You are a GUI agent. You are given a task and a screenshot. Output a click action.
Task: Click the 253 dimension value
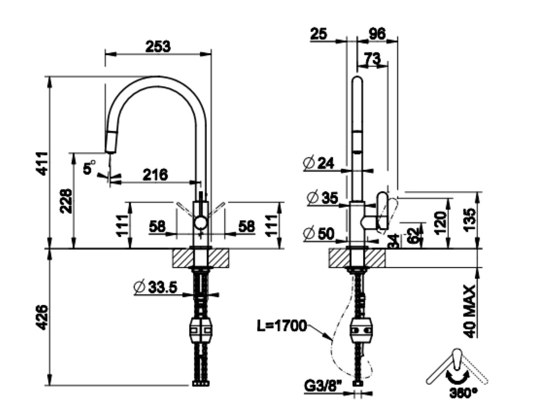coord(158,46)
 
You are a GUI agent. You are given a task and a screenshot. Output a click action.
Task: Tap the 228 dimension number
coord(65,201)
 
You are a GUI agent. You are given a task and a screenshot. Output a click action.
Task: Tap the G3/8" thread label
coord(322,388)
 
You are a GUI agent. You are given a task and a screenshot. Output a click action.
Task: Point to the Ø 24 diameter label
coord(319,162)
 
